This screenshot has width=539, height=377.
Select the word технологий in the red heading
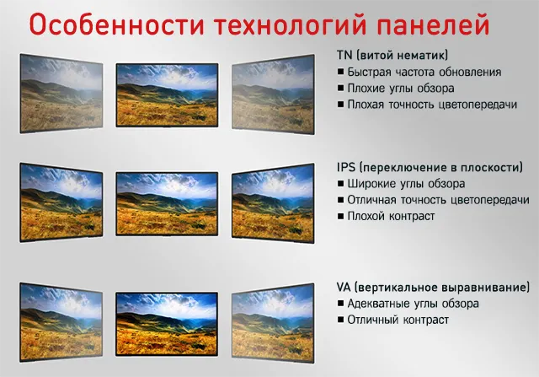click(290, 24)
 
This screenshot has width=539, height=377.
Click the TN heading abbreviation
click(344, 55)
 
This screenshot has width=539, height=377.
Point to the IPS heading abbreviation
click(346, 167)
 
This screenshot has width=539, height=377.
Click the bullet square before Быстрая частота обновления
click(340, 72)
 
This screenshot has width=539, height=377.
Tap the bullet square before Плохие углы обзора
click(340, 88)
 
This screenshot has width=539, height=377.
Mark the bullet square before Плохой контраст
click(340, 216)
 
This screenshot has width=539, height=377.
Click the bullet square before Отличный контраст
click(340, 320)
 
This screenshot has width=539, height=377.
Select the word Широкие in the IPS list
click(371, 184)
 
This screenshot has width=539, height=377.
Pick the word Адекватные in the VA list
click(378, 304)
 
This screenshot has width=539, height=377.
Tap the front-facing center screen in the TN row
click(167, 95)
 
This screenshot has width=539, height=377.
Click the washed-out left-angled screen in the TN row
click(61, 94)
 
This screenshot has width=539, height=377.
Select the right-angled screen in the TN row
click(273, 94)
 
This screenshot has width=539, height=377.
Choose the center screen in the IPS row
click(167, 204)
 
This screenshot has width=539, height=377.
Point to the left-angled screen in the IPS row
click(61, 202)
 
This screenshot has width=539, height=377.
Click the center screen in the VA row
click(167, 324)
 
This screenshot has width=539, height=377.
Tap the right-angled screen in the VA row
click(273, 323)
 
